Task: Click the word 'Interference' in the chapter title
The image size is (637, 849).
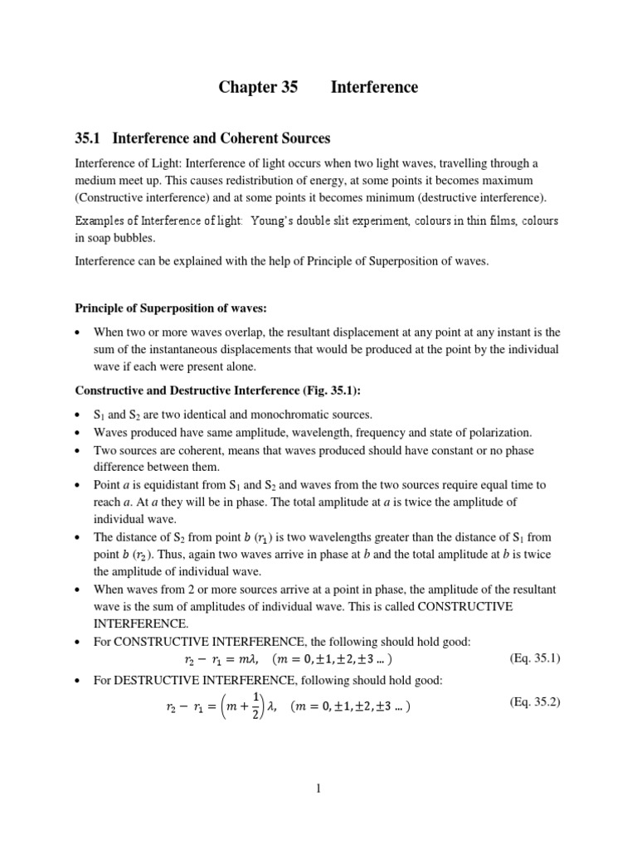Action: [x=375, y=87]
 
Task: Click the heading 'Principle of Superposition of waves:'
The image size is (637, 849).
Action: [x=172, y=308]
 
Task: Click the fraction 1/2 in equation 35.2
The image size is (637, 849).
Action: [x=257, y=706]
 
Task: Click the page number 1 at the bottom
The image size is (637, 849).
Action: [x=318, y=788]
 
